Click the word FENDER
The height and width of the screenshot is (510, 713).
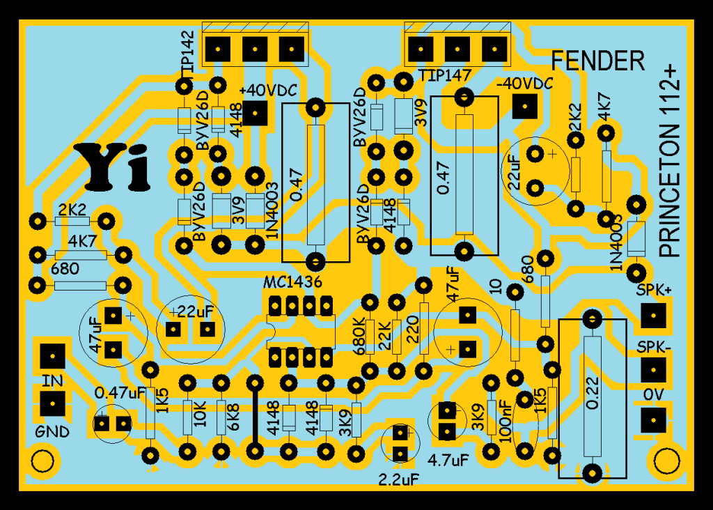[x=597, y=61]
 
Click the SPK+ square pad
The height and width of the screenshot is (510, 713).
[x=652, y=318]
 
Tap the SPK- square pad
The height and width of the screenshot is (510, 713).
[x=652, y=369]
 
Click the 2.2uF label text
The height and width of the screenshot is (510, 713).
[x=400, y=479]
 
